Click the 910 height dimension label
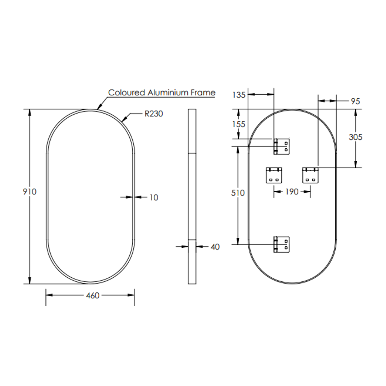[30, 192]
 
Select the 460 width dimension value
[93, 296]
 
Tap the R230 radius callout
[154, 114]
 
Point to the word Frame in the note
[203, 93]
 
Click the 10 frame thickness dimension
[153, 197]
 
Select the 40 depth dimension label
[215, 247]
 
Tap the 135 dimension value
[239, 95]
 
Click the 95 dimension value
[355, 102]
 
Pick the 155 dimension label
[239, 124]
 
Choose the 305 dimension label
[356, 137]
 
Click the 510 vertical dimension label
[238, 193]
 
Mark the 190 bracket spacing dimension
[292, 192]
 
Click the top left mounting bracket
[282, 147]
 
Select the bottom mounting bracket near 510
[282, 244]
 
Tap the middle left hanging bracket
[274, 175]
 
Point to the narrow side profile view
[192, 197]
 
